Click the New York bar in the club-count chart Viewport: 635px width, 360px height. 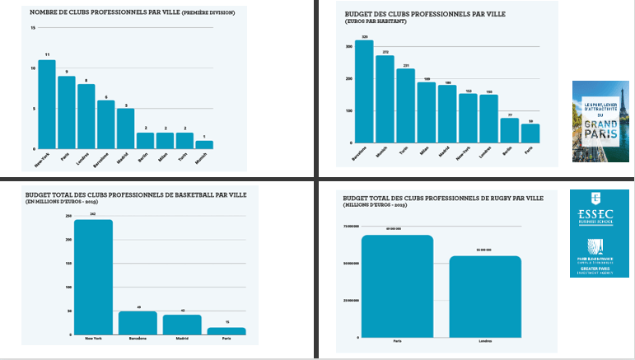(x=47, y=105)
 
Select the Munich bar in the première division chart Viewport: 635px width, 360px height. (x=204, y=144)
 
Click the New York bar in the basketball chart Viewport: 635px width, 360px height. (x=93, y=277)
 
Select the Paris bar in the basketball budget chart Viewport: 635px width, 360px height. (x=226, y=331)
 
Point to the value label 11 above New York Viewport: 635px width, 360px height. (x=47, y=55)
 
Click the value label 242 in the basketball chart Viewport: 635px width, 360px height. (x=93, y=214)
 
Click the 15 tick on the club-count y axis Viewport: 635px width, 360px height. (x=33, y=28)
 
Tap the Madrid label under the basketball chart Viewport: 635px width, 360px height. (x=181, y=339)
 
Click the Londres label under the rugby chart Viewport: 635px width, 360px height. (x=483, y=341)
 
